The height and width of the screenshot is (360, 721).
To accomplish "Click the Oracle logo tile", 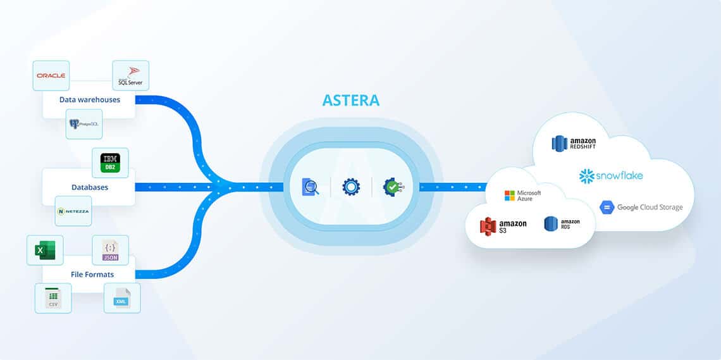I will tap(51, 76).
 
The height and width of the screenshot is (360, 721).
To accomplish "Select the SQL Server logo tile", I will tap(130, 76).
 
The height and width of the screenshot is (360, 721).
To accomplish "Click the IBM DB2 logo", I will tap(110, 163).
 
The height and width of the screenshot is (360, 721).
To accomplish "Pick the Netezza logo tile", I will tap(73, 211).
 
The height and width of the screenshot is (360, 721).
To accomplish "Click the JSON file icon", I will tap(110, 250).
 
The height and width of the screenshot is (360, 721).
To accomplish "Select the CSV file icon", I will tap(53, 298).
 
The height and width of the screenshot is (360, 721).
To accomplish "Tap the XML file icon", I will tap(121, 298).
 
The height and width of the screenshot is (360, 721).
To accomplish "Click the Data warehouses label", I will tap(89, 99).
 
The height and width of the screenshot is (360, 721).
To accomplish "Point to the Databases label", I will tap(89, 187).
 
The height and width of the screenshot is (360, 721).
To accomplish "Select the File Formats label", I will tap(92, 274).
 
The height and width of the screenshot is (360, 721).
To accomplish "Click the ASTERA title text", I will tap(351, 100).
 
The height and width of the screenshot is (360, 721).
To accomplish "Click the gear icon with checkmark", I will tap(393, 187).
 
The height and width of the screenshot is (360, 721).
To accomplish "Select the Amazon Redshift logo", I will tap(574, 144).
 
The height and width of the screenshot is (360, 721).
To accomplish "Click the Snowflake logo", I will tap(610, 175).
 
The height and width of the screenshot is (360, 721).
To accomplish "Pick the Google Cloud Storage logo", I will tap(641, 207).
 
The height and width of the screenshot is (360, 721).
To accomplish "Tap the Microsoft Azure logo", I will tap(522, 196).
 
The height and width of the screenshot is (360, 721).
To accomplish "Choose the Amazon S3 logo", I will tap(503, 227).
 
